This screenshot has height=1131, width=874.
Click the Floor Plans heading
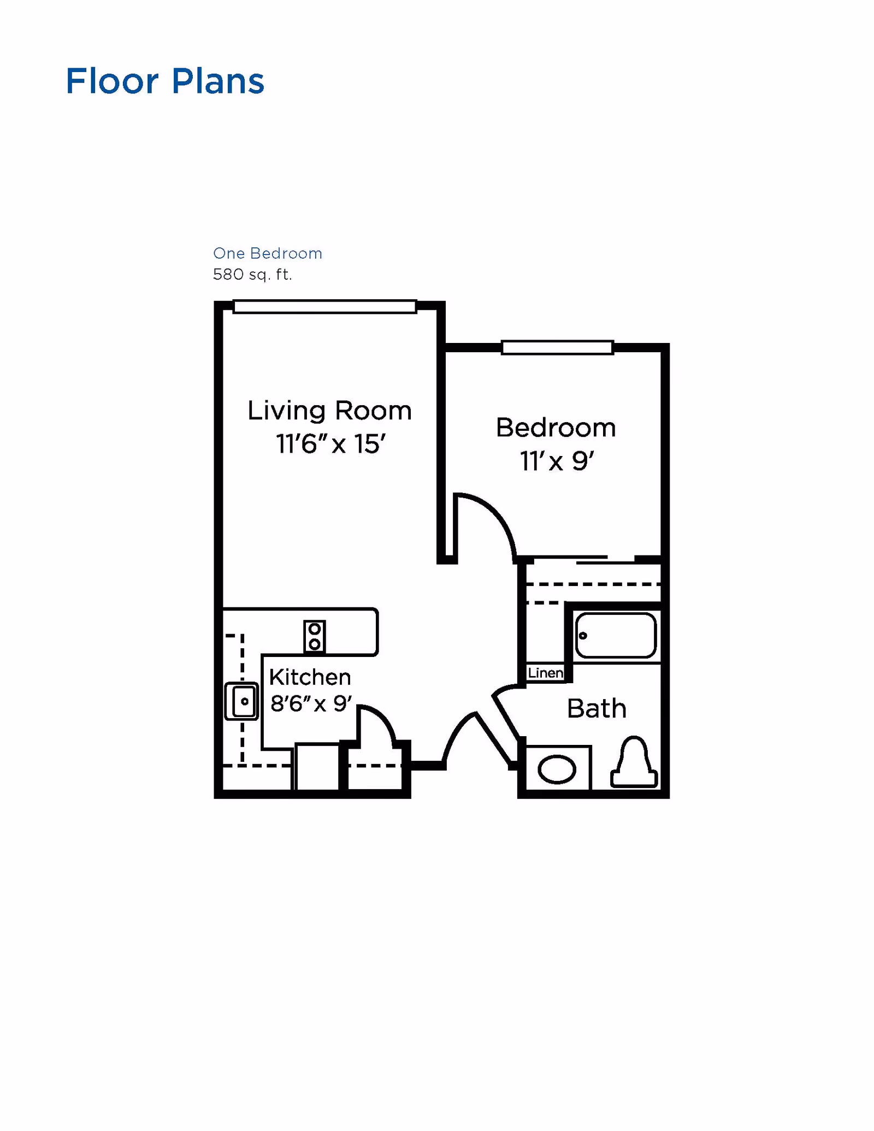point(164,81)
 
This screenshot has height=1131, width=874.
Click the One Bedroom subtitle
point(267,253)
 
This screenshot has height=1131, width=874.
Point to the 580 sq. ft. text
point(252,274)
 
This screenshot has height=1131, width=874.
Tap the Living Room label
point(329,411)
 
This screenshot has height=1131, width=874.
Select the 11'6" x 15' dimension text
point(330,444)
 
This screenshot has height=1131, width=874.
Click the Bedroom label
point(556,428)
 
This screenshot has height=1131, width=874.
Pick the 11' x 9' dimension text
point(556,461)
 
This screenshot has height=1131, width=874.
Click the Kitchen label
point(310,677)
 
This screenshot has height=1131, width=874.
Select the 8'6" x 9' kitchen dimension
point(311,704)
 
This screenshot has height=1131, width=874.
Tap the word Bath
point(596,709)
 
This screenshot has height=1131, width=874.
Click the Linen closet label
point(545,673)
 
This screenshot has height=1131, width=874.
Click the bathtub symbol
point(616,635)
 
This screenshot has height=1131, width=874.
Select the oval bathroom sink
point(557,769)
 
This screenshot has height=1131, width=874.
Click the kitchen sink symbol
point(241,701)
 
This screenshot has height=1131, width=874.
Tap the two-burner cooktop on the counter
point(314,636)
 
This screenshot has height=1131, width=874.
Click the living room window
point(324,306)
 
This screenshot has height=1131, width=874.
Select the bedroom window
point(557,347)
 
